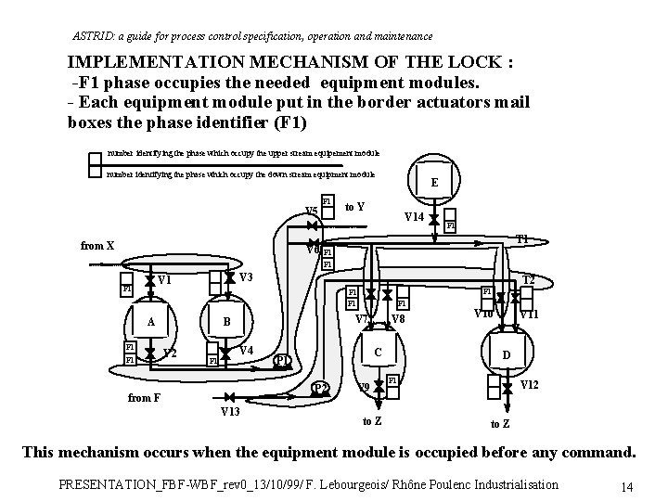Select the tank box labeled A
click(x=150, y=321)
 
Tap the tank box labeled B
click(x=227, y=321)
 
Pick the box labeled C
click(x=377, y=353)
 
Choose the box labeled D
click(x=506, y=355)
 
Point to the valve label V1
click(x=165, y=280)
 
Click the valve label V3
click(x=246, y=278)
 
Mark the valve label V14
click(x=414, y=217)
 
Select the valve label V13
click(x=231, y=410)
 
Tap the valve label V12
click(x=531, y=384)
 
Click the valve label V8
click(x=399, y=320)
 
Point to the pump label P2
click(x=321, y=388)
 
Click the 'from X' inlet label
click(x=97, y=246)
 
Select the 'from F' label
click(x=143, y=398)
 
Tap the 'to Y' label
click(x=353, y=206)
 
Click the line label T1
click(x=523, y=238)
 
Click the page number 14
click(x=627, y=486)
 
